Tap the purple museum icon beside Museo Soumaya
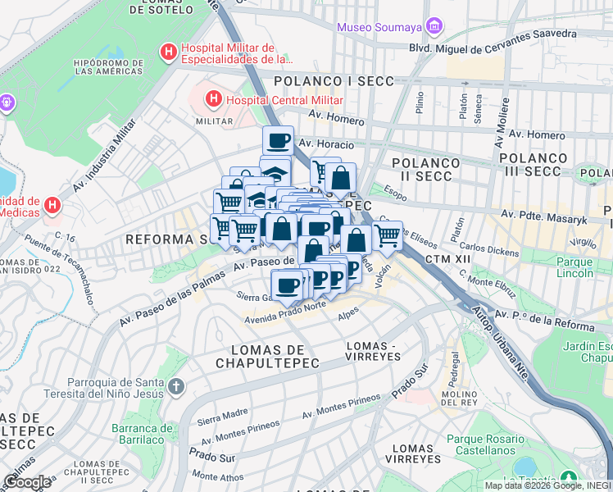pyautogui.click(x=434, y=28)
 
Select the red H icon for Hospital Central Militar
pyautogui.click(x=213, y=99)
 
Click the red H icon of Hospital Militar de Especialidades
pyautogui.click(x=169, y=53)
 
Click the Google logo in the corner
pyautogui.click(x=28, y=482)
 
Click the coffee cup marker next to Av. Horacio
pyautogui.click(x=278, y=140)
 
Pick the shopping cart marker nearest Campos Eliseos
pyautogui.click(x=388, y=236)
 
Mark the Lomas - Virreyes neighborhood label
pyautogui.click(x=374, y=351)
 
